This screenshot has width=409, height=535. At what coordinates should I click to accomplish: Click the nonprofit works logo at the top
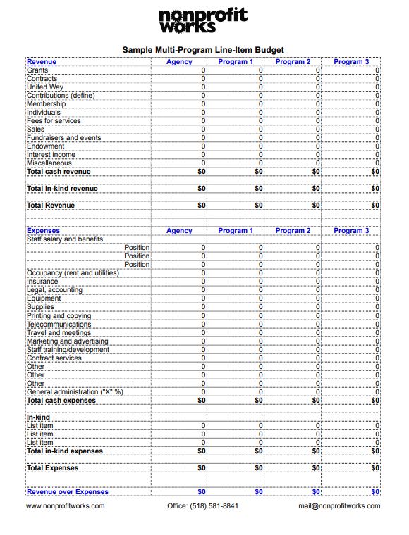click(x=203, y=21)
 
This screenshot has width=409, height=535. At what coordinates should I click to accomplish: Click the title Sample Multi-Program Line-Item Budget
click(x=203, y=50)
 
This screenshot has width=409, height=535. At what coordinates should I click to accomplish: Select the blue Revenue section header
click(x=42, y=62)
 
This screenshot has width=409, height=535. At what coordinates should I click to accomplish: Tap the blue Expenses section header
click(x=43, y=231)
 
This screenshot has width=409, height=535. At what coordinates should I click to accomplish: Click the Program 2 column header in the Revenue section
click(x=293, y=62)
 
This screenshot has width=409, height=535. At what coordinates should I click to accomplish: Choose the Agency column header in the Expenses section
click(x=179, y=231)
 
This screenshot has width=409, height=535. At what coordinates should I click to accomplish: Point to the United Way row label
click(x=45, y=87)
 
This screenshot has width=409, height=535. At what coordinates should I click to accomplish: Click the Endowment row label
click(x=45, y=146)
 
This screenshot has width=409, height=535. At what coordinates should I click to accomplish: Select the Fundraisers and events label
click(x=63, y=138)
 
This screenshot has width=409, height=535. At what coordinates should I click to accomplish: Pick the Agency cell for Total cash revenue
click(x=202, y=172)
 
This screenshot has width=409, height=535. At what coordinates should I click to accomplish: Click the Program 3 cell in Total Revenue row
click(x=375, y=206)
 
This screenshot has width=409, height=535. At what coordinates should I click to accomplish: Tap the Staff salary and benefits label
click(x=65, y=239)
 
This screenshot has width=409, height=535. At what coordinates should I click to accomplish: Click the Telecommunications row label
click(x=59, y=325)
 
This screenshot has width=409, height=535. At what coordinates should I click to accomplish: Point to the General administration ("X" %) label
click(x=75, y=392)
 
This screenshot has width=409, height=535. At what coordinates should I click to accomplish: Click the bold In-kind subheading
click(x=38, y=417)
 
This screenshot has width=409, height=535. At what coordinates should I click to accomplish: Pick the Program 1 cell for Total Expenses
click(x=258, y=468)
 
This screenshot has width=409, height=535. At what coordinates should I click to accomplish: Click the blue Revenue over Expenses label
click(x=68, y=492)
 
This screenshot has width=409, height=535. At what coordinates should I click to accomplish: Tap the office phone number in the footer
click(x=203, y=506)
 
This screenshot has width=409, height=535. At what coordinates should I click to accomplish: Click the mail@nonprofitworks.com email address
click(x=338, y=506)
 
